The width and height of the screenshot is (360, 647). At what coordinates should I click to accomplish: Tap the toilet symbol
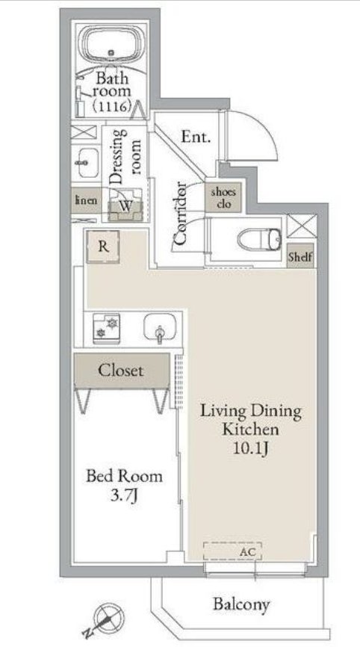click(260, 239)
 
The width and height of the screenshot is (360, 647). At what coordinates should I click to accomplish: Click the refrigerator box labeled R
click(104, 247)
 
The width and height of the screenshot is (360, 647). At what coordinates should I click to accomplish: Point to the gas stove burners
click(106, 329)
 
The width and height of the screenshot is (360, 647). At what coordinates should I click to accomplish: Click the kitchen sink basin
click(160, 329)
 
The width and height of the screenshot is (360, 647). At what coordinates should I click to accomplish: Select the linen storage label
click(86, 200)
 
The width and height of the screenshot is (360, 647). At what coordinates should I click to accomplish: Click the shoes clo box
click(223, 198)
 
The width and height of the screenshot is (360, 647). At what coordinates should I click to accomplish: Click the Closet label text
click(121, 370)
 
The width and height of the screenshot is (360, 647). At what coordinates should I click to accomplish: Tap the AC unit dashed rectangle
click(232, 551)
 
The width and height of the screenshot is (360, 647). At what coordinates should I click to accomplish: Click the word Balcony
click(241, 604)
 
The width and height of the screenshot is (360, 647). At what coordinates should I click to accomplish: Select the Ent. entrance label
click(196, 137)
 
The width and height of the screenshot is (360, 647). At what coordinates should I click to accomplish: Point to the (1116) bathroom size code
click(112, 106)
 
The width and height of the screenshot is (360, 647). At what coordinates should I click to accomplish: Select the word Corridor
click(180, 214)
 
